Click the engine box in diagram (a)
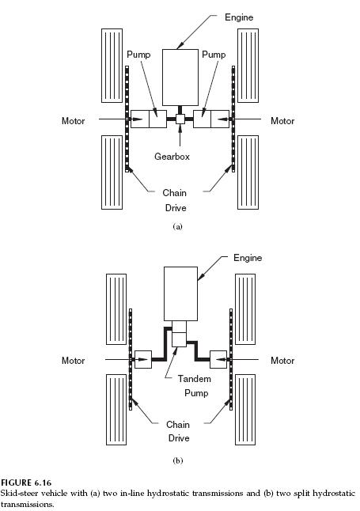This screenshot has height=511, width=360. [180, 77]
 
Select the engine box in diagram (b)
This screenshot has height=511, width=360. [180, 293]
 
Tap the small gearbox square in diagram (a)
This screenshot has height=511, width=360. [180, 119]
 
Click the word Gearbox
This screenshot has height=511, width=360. [172, 157]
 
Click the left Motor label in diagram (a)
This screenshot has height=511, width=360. [74, 121]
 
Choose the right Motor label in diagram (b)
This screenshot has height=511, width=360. [282, 361]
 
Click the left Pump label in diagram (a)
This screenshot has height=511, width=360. [138, 55]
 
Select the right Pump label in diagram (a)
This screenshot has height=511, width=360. [213, 55]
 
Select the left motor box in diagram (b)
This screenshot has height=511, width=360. [142, 359]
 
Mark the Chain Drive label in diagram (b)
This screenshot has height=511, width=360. [177, 431]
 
